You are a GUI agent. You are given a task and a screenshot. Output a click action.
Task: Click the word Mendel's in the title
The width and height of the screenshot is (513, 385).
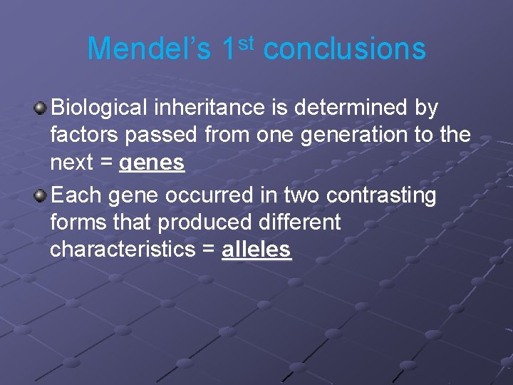(x=149, y=49)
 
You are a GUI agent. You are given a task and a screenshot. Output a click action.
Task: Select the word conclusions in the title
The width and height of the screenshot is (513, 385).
(x=344, y=49)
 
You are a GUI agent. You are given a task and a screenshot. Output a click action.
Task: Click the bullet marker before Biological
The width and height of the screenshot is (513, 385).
(x=41, y=108)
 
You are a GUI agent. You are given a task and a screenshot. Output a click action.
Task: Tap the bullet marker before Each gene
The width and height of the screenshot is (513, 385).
(x=41, y=195)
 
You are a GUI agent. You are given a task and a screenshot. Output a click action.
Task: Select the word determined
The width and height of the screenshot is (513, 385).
(x=346, y=108)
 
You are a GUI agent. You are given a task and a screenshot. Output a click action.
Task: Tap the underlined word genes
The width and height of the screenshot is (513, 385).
(x=152, y=163)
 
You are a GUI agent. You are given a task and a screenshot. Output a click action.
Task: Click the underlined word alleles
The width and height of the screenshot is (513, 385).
(x=256, y=250)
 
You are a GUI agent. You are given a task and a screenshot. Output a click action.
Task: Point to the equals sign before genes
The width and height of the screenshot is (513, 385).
(x=107, y=163)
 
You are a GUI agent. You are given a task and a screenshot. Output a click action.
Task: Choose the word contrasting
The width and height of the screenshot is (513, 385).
(x=378, y=195)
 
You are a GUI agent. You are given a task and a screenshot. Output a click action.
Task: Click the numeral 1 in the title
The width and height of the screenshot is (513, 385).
(x=229, y=49)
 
